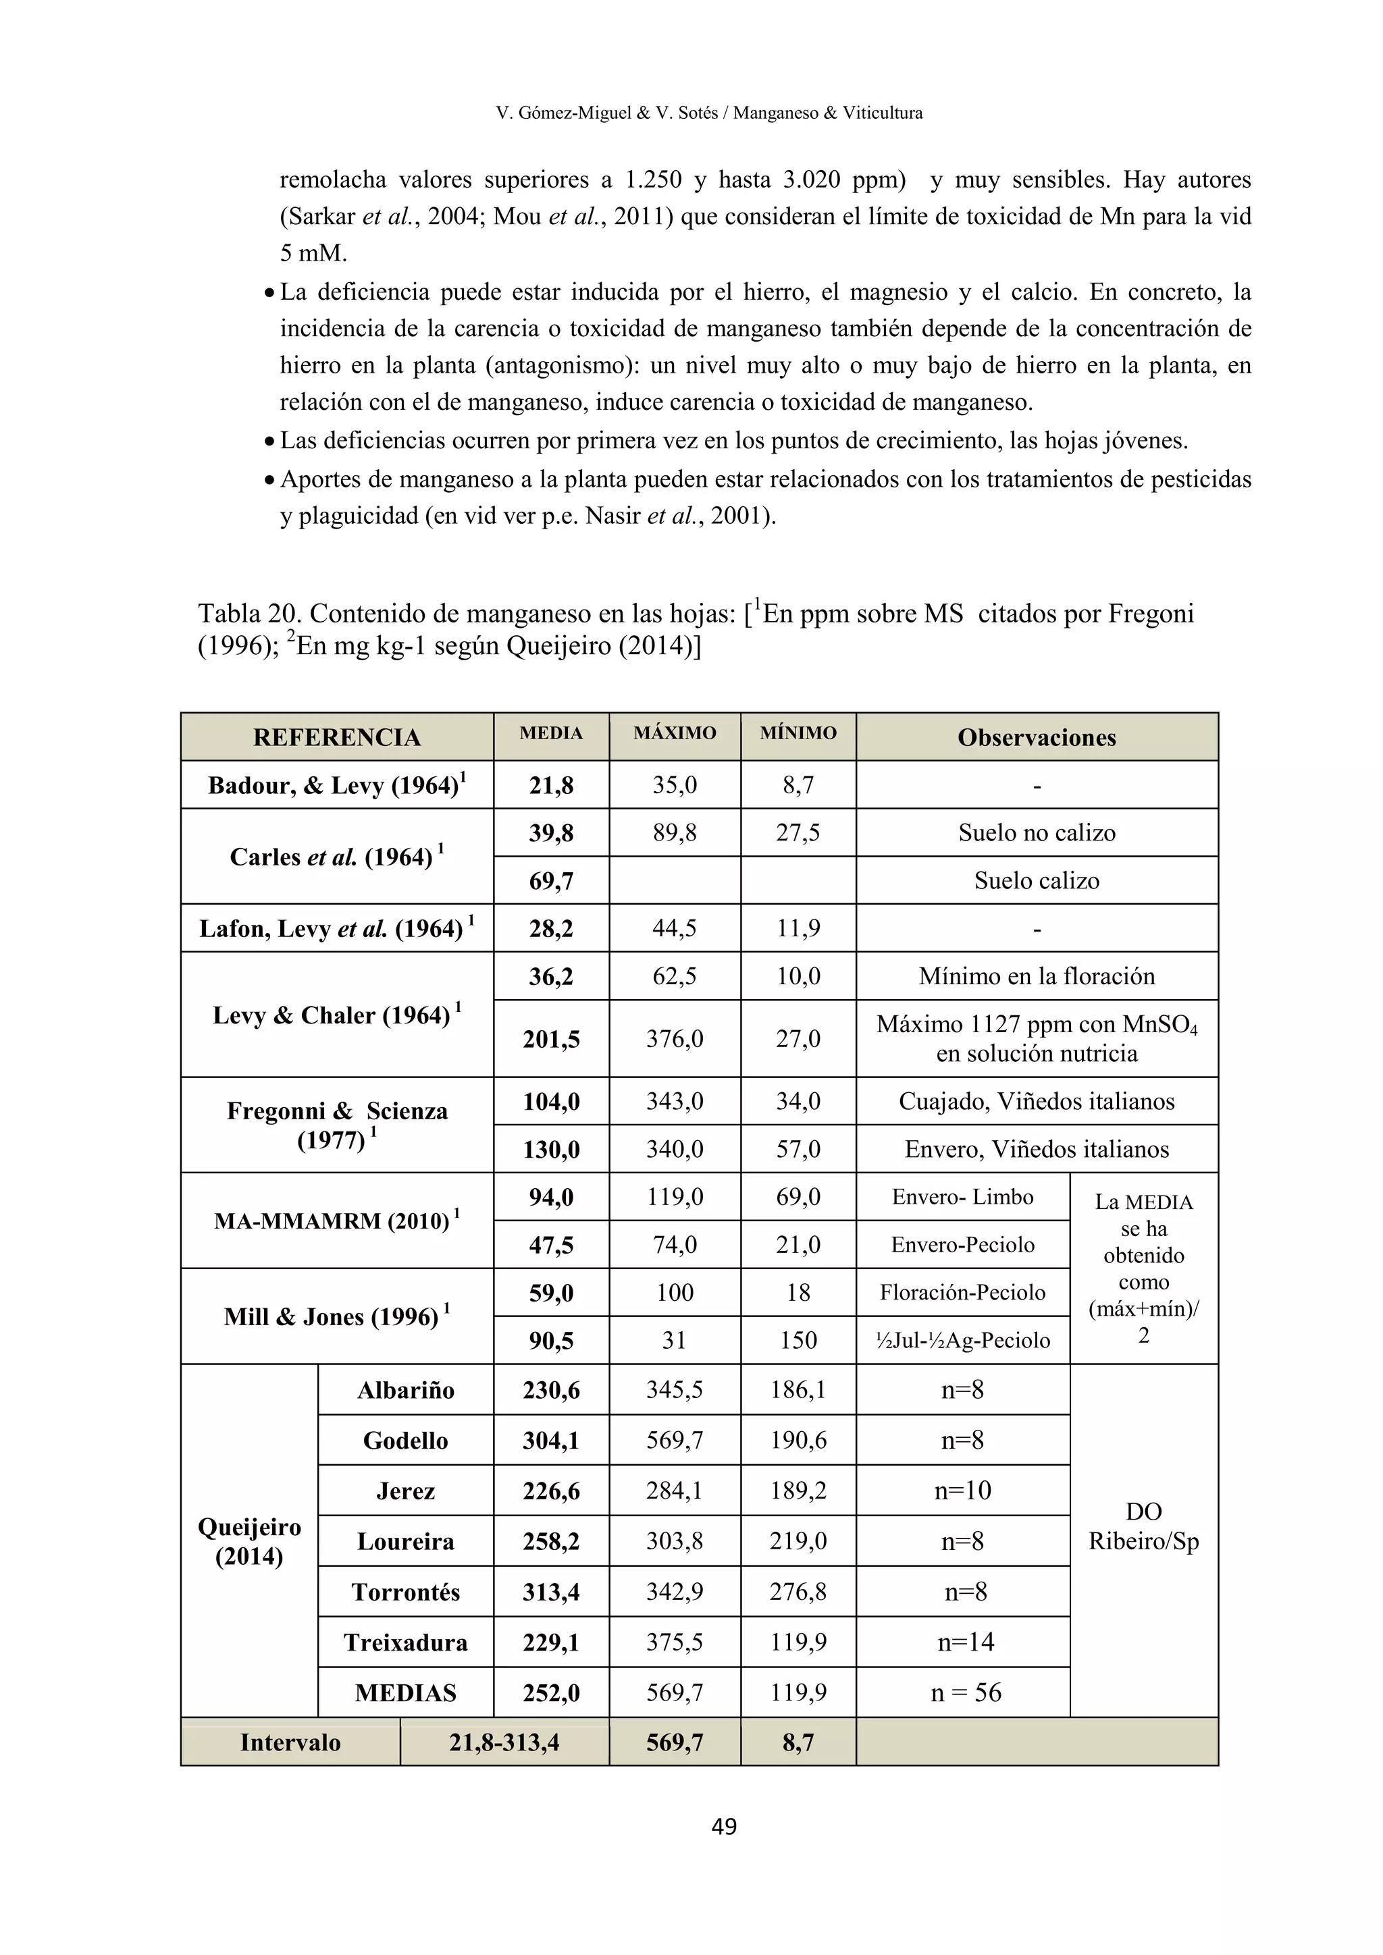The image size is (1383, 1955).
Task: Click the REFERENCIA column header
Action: [x=336, y=737]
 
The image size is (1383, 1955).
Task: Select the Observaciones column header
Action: [x=1037, y=737]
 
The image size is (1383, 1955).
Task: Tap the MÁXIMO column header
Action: [x=675, y=733]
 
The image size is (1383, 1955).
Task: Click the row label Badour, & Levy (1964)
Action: [x=336, y=785]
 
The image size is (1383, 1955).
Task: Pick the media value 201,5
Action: [x=551, y=1039]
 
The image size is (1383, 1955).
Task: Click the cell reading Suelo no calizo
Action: [x=1037, y=833]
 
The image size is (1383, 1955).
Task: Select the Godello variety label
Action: [x=405, y=1441]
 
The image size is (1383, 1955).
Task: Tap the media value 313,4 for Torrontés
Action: [x=551, y=1592]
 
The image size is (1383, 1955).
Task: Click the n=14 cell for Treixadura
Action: [x=965, y=1642]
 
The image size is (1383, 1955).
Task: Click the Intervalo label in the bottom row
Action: [x=290, y=1743]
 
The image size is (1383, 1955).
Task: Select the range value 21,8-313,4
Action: [x=504, y=1743]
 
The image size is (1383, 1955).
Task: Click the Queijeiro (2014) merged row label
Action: [x=249, y=1541]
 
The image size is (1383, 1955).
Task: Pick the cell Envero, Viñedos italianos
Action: [x=1037, y=1150]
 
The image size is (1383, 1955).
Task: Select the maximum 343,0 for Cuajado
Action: [x=675, y=1102]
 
